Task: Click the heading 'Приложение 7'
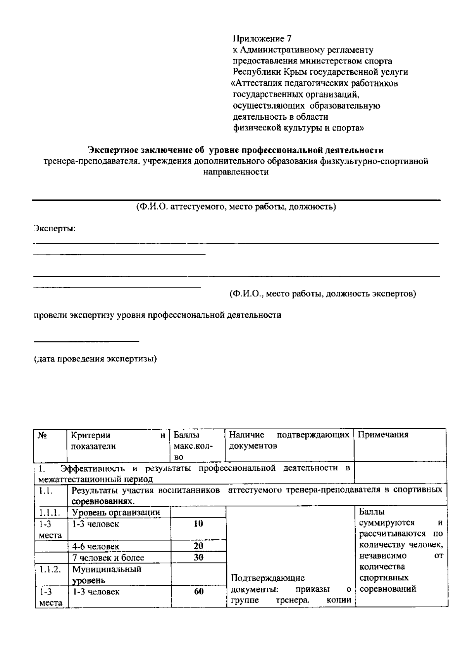pos(262,39)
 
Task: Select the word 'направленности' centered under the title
pos(236,172)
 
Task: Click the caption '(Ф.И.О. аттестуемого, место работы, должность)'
pos(236,207)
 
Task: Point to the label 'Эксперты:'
pos(54,229)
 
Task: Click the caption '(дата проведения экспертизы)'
pos(95,359)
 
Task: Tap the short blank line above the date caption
pos(86,341)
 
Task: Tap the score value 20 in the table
pos(198,546)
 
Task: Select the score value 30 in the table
pos(198,558)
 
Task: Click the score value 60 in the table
pos(198,592)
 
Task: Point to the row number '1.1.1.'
pos(49,513)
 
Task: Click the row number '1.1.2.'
pos(49,569)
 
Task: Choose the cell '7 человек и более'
pos(108,558)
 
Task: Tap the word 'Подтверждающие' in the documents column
pos(268,578)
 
